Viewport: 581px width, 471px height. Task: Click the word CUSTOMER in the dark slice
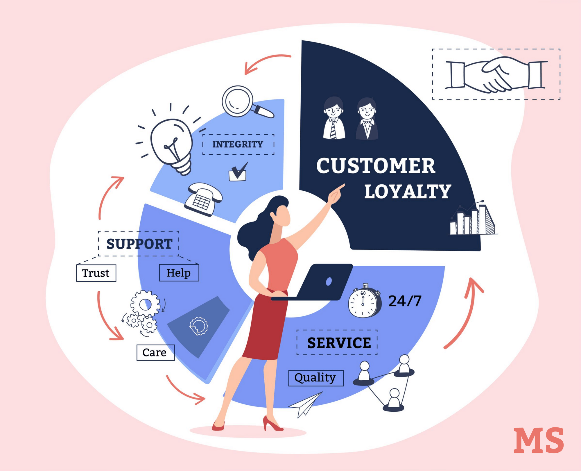point(376,166)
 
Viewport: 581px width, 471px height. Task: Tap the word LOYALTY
point(408,192)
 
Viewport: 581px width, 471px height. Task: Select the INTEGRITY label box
point(238,144)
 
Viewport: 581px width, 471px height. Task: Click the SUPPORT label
point(139,244)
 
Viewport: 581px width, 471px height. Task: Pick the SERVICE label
point(339,343)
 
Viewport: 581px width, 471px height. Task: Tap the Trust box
point(96,273)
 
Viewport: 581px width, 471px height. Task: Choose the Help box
point(179,273)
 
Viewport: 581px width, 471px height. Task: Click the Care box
point(155,352)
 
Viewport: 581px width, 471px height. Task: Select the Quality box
point(316,378)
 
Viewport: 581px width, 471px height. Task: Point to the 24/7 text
point(405,301)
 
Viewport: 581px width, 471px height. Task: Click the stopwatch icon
point(365,301)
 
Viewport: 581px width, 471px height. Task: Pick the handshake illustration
point(496,74)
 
